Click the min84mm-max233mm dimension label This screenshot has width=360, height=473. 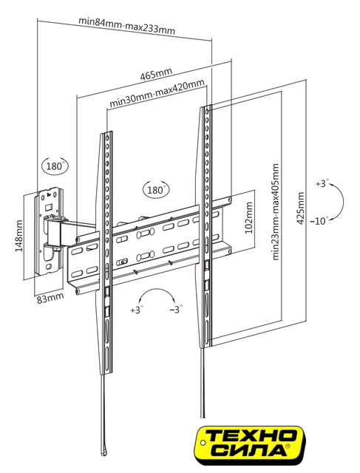point(126,26)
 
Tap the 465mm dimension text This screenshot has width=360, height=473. point(156,74)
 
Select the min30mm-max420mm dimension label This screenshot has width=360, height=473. point(157,93)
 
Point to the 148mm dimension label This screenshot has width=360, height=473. point(18,236)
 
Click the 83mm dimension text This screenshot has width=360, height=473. point(50,298)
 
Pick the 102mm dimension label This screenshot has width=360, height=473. point(248,218)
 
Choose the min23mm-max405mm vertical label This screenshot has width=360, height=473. point(276,212)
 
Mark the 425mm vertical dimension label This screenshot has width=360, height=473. point(301,208)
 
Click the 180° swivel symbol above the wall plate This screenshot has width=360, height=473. point(55,166)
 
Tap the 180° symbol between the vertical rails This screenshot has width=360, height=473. point(156,189)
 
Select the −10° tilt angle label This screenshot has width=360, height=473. point(319,221)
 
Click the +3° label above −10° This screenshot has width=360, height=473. point(322,183)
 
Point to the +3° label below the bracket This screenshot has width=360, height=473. point(137,310)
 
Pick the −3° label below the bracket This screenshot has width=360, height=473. point(176,309)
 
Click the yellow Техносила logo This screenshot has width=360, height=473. point(249,445)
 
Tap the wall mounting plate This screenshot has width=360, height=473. point(48,231)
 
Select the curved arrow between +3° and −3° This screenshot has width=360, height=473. point(157,290)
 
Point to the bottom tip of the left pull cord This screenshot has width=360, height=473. point(103,453)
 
